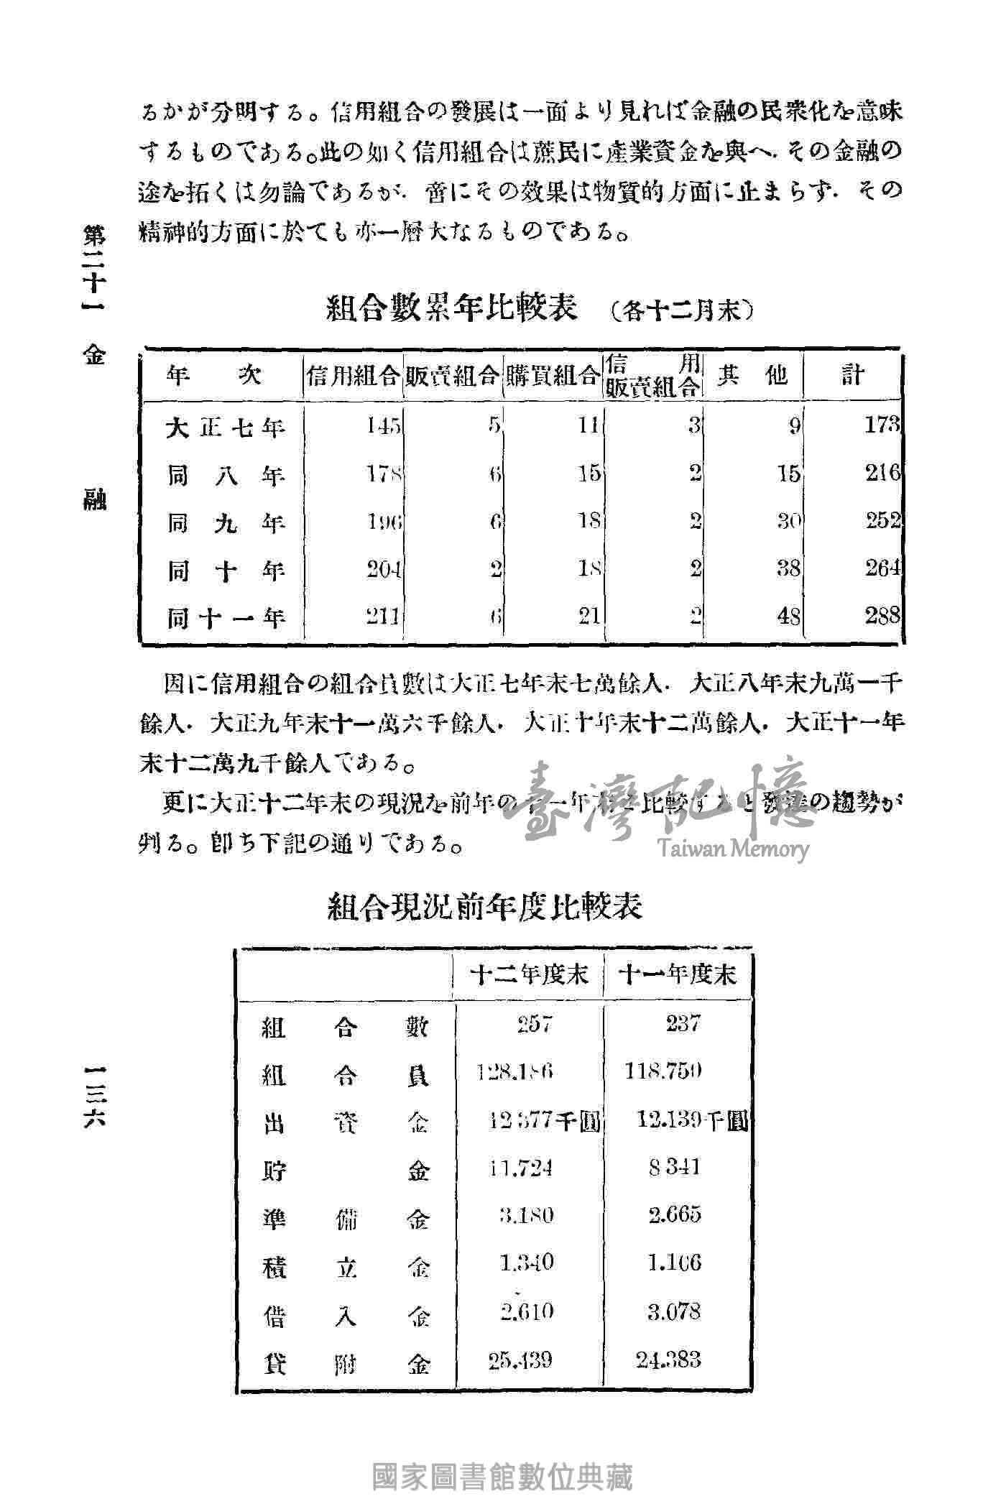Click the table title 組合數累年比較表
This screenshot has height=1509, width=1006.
point(452,310)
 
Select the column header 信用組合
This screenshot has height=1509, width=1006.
point(353,374)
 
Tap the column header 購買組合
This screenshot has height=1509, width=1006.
point(553,374)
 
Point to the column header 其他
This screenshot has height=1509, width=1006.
point(752,374)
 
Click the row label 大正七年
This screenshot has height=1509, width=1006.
point(225,428)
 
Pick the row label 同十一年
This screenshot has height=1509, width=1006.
point(225,617)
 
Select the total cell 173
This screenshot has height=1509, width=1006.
point(882,425)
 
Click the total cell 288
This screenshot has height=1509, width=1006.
point(882,615)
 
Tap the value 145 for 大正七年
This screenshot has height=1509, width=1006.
point(384,426)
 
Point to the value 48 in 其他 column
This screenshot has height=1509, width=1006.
point(788,616)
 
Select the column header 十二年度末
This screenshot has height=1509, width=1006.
point(528,975)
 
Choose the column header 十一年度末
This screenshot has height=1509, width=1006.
point(678,975)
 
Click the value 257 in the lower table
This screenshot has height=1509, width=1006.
point(535,1023)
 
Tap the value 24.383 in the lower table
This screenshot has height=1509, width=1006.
point(668,1360)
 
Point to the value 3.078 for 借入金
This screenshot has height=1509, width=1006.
point(673,1311)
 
